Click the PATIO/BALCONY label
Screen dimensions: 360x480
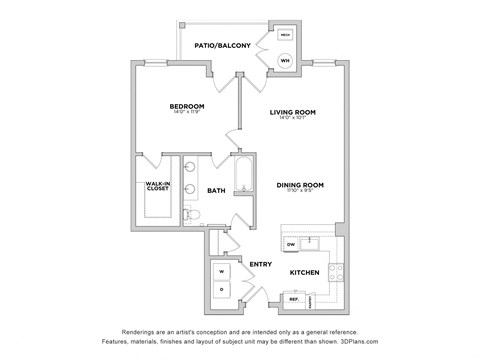click(x=222, y=45)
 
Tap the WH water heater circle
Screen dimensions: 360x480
click(x=284, y=60)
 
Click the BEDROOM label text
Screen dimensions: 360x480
click(x=187, y=106)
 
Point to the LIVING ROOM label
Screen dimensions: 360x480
click(x=292, y=112)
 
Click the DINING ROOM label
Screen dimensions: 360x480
click(x=300, y=184)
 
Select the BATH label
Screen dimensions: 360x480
click(x=216, y=190)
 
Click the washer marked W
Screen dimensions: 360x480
click(x=222, y=270)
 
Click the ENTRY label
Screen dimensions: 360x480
click(x=261, y=264)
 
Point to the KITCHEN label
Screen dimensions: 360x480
click(x=304, y=272)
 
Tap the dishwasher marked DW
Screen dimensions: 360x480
click(x=291, y=243)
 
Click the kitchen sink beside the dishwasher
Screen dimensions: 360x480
click(x=312, y=242)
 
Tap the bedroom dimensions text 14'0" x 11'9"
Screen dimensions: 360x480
click(x=187, y=114)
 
